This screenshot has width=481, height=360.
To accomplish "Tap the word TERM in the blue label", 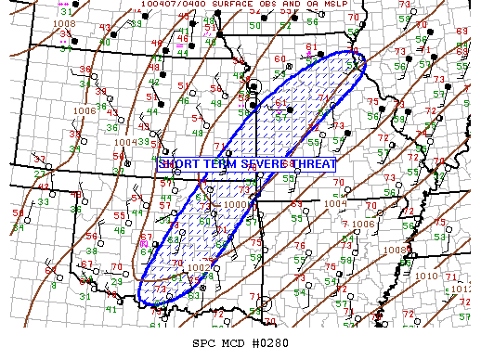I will click(x=218, y=164).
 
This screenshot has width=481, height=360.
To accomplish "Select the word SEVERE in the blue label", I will click(x=263, y=164).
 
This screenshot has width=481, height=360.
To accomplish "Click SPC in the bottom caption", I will click(x=202, y=344).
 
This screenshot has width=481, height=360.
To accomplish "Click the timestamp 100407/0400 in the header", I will click(x=177, y=5).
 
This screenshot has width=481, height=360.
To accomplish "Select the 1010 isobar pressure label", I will click(x=428, y=276).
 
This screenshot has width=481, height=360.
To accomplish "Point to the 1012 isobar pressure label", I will click(x=461, y=289).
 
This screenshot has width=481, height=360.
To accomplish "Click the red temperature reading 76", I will click(x=299, y=246).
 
